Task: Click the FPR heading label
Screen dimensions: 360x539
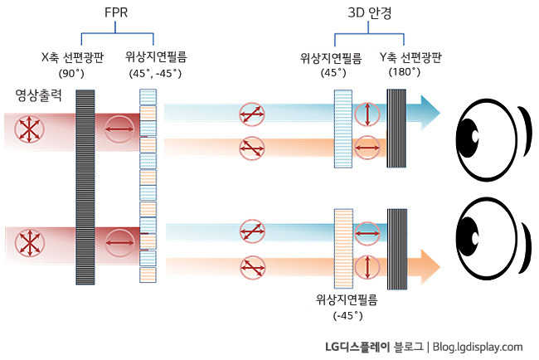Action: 117,13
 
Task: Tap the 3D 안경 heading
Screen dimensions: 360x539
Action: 368,13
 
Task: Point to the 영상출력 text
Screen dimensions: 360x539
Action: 38,95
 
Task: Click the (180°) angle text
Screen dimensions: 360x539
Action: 405,72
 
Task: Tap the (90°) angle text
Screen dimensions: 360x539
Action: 70,73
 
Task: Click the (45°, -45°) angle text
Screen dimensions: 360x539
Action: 154,73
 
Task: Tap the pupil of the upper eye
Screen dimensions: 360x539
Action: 469,132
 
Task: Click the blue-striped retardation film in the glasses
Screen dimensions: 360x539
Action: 343,129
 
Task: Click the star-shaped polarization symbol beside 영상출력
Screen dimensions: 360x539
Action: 31,129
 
